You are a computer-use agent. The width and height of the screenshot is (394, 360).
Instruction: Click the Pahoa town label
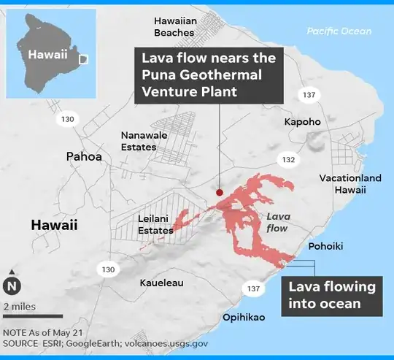pyautogui.click(x=84, y=156)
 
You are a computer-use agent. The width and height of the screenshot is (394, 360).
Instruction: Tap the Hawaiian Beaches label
pyautogui.click(x=174, y=27)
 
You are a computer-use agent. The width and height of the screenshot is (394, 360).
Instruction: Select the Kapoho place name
pyautogui.click(x=302, y=121)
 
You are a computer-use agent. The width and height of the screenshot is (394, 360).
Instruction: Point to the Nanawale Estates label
pyautogui.click(x=139, y=141)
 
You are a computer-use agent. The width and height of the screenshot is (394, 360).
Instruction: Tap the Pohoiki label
pyautogui.click(x=325, y=246)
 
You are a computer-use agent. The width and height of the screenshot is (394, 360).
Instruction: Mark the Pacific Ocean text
pyautogui.click(x=339, y=31)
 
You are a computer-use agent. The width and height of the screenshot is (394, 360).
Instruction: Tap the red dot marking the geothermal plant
pyautogui.click(x=220, y=192)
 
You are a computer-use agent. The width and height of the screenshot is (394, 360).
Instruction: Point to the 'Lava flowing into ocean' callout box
pyautogui.click(x=332, y=294)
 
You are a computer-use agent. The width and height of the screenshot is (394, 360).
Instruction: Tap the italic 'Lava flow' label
pyautogui.click(x=277, y=222)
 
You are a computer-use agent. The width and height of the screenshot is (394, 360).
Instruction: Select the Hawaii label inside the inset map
pyautogui.click(x=47, y=54)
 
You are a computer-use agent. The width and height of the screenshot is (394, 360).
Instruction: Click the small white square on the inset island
pyautogui.click(x=83, y=58)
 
